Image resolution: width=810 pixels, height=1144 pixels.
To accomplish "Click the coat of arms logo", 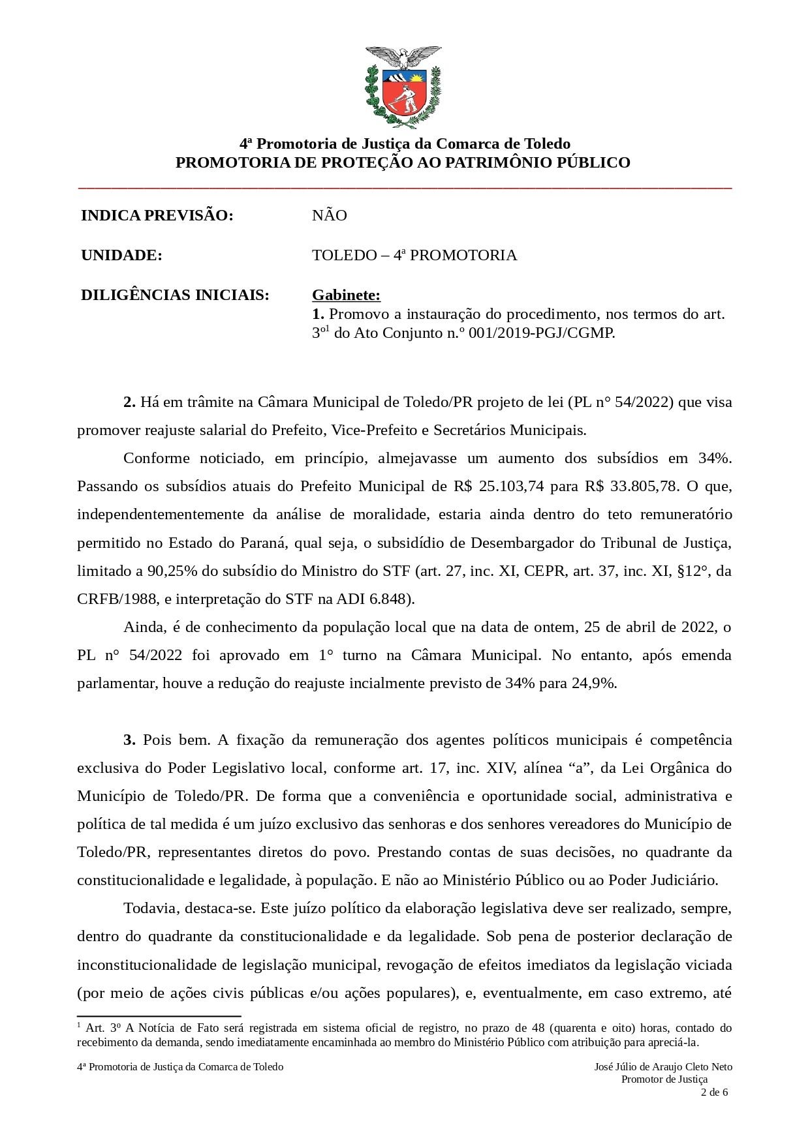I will [403, 87].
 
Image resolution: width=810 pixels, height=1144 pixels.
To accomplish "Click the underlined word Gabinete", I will [346, 295].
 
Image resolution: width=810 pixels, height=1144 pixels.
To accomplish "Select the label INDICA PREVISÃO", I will [157, 215].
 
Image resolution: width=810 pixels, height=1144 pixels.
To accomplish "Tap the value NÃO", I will [329, 215].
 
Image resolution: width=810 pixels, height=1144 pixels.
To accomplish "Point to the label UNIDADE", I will [121, 255].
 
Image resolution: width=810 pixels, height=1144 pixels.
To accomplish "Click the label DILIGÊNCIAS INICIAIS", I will [175, 295].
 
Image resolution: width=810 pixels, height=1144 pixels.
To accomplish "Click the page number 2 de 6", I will [713, 1092].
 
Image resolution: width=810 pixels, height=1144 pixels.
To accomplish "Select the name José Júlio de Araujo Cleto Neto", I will [663, 1067].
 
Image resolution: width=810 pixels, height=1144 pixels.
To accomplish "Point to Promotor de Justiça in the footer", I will [664, 1079].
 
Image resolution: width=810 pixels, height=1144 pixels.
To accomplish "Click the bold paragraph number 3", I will [129, 740].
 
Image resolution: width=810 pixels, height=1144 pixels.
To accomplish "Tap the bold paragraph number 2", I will [129, 402].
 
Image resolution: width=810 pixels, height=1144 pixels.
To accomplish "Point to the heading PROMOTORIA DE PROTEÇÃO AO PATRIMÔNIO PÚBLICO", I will [403, 162].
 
